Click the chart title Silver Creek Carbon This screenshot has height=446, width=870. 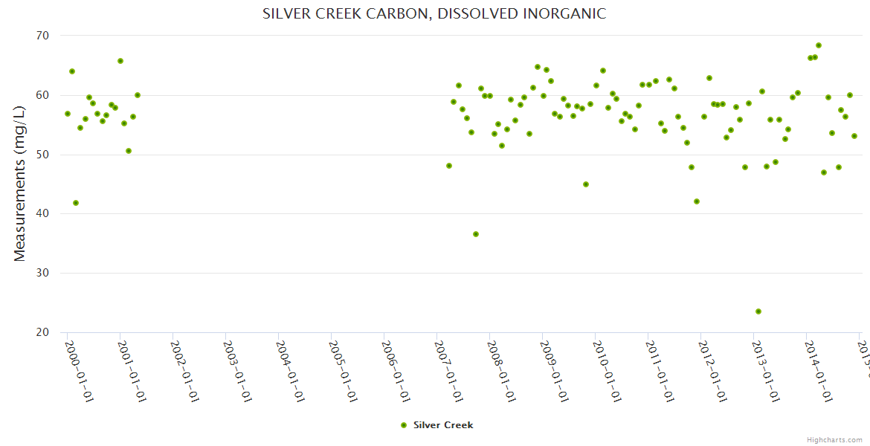click(x=434, y=13)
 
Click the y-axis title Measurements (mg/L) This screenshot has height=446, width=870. click(x=19, y=184)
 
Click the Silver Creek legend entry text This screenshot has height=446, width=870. click(x=443, y=425)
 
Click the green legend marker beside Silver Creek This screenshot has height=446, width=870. click(x=404, y=425)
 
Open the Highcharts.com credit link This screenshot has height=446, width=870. click(x=834, y=440)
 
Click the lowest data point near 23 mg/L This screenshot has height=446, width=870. click(x=758, y=311)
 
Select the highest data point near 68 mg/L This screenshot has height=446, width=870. click(x=819, y=45)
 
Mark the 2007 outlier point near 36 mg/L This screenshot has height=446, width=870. click(x=476, y=234)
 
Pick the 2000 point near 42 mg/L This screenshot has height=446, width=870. click(x=76, y=203)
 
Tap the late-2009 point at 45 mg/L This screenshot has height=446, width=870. click(x=586, y=184)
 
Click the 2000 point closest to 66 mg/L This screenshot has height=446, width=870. click(x=120, y=61)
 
